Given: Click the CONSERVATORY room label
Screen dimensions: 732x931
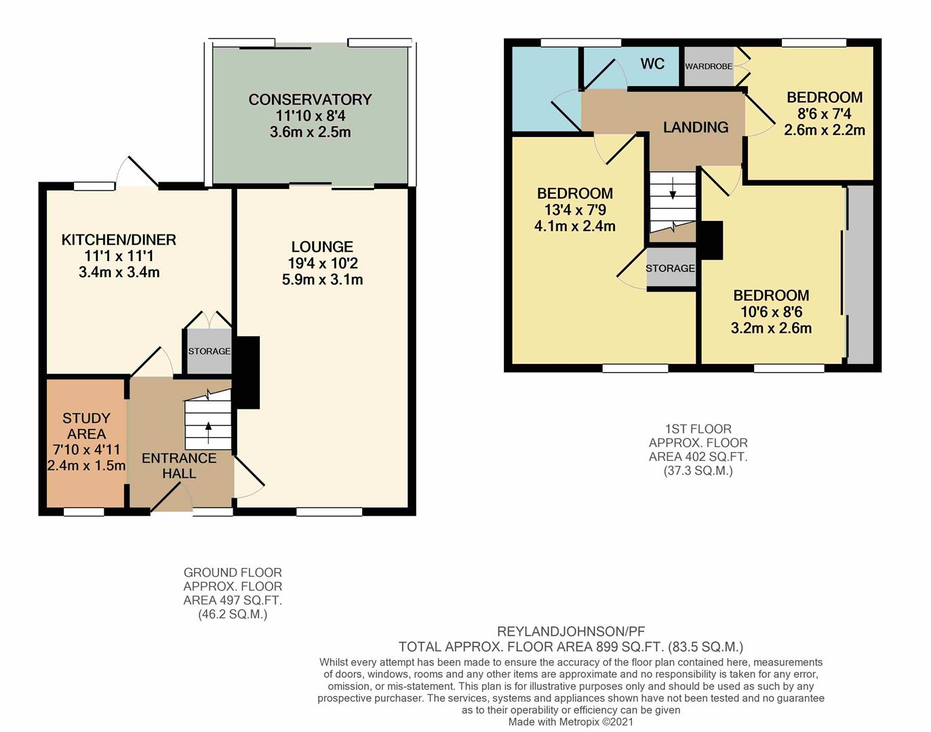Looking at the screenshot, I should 310,100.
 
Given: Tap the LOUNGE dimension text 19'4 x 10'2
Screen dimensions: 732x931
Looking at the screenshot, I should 322,263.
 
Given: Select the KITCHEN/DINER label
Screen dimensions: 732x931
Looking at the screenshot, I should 119,239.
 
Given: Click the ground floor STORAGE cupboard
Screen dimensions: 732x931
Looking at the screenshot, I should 209,351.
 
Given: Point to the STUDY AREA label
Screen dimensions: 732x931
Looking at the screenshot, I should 86,426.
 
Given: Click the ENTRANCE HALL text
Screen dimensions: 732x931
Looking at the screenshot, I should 179,466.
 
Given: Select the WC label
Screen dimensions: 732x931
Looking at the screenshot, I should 652,64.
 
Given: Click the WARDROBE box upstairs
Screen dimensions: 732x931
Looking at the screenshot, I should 709,66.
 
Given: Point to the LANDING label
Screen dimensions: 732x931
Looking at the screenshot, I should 696,127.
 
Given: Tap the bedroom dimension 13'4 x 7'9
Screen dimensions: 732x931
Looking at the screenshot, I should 575,210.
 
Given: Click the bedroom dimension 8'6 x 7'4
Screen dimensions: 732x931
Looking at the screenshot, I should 825,114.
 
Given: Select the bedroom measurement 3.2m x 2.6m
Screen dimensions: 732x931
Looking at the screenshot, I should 771,328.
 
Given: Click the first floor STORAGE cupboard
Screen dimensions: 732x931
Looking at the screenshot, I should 670,268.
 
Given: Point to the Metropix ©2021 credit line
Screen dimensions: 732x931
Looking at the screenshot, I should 571,722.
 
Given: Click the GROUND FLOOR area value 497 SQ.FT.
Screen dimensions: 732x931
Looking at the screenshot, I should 233,601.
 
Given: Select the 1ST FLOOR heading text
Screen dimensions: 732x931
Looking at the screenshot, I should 698,429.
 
